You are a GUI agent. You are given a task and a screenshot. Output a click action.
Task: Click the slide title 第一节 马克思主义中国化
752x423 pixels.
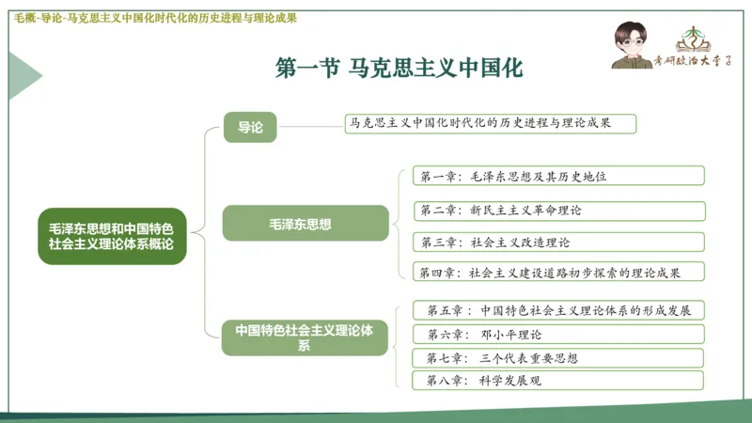(398, 69)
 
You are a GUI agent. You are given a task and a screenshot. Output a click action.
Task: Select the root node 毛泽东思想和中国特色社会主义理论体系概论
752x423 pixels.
(113, 236)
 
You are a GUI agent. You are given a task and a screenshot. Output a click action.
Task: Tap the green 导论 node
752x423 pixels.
(250, 126)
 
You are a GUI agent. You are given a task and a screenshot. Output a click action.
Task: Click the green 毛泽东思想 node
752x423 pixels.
(305, 224)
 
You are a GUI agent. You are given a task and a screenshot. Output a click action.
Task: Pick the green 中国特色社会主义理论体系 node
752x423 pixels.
(305, 337)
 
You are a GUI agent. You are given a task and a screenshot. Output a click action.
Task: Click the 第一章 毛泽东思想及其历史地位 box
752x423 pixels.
(557, 176)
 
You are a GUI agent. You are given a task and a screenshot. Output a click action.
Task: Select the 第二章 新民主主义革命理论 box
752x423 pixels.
(557, 210)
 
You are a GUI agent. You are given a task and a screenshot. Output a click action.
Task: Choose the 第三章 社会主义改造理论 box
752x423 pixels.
(557, 243)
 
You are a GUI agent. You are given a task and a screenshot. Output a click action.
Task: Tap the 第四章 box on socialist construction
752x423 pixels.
(557, 273)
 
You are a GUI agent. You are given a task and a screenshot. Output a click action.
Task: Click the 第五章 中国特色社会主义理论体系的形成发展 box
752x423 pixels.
(557, 310)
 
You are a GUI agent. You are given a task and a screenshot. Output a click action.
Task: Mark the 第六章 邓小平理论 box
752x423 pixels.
(557, 334)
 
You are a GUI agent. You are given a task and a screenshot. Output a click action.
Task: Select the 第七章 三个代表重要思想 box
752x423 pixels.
(557, 357)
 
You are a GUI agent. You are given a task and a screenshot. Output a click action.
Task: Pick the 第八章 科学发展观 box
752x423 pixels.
(557, 381)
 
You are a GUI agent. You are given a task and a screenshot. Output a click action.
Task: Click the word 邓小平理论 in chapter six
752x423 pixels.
(511, 334)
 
